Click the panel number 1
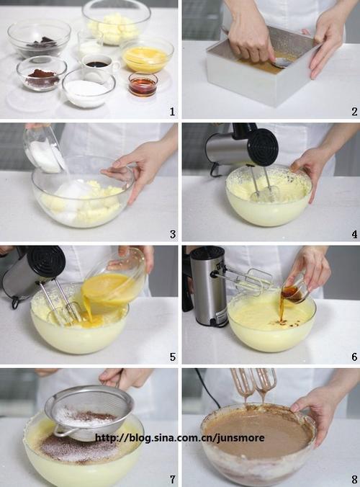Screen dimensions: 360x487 tap(172, 111)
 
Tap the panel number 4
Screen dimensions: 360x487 tap(354, 234)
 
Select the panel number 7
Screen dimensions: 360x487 tap(173, 479)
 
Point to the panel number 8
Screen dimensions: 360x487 tap(354, 479)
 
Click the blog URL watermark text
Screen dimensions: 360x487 tap(180, 438)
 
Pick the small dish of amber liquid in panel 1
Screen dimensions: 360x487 tap(143, 84)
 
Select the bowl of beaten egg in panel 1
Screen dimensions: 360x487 tap(147, 55)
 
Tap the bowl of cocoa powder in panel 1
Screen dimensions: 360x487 tap(42, 73)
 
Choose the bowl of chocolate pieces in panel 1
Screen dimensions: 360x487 tap(39, 38)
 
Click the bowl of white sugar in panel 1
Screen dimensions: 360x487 tap(89, 88)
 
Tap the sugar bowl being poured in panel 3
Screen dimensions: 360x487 tap(45, 151)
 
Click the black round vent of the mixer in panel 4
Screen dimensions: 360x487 tap(264, 147)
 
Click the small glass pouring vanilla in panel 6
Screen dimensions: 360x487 tap(294, 290)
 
